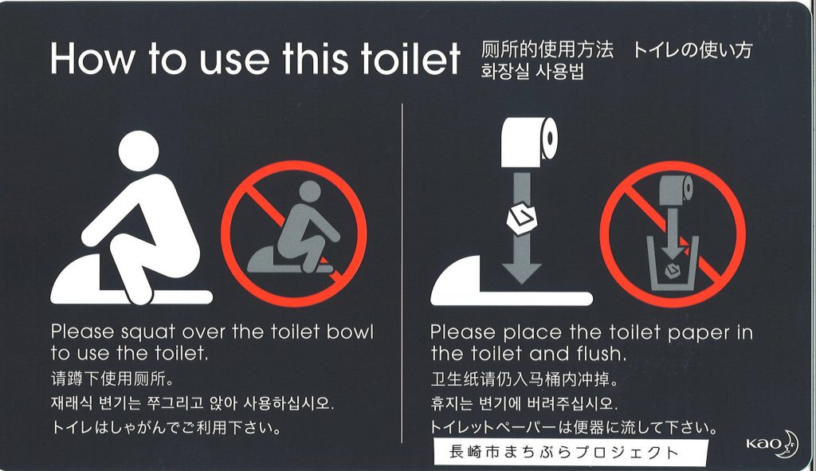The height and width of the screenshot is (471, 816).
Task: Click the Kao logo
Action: [771, 443]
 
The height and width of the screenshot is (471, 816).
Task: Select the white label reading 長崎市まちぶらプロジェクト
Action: [571, 452]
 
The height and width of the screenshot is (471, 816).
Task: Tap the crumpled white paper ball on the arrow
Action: [521, 218]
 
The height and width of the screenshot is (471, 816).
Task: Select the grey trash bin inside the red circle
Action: [673, 264]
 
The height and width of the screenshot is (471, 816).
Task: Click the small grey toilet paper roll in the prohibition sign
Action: [677, 190]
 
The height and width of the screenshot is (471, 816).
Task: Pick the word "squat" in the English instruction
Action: [147, 332]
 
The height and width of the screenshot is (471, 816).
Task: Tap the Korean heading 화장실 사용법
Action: [532, 72]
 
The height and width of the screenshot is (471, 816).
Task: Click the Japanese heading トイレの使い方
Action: [692, 50]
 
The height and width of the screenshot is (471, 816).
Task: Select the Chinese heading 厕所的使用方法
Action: [547, 50]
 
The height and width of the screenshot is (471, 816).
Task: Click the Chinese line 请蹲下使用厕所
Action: [112, 379]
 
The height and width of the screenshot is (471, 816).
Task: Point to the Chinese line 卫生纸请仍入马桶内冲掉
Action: [524, 379]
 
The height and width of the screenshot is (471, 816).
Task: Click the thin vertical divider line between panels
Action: [402, 273]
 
